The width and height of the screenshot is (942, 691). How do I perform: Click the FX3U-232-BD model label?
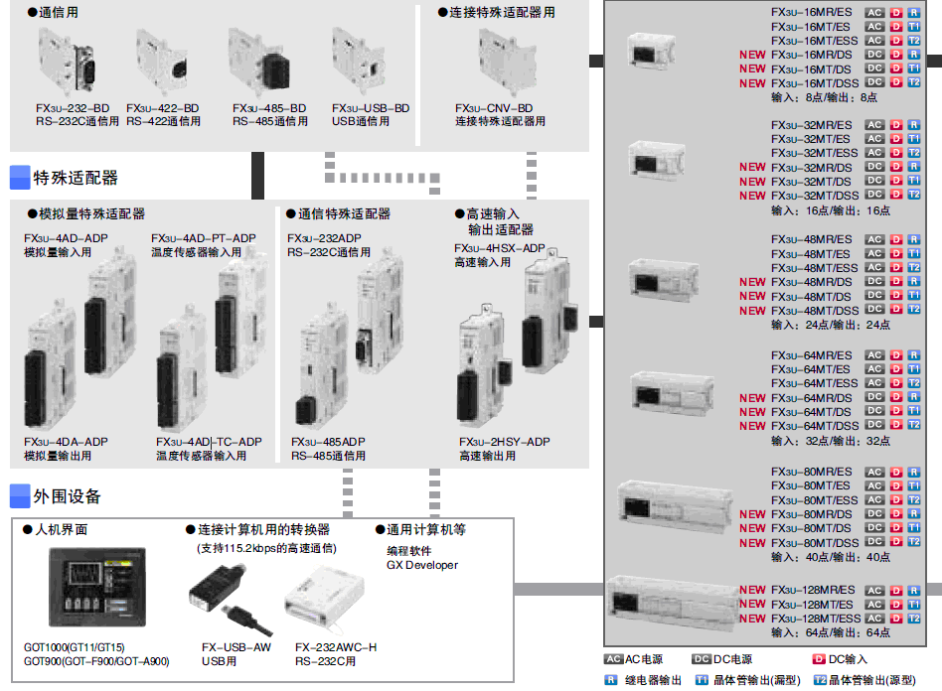click(72, 108)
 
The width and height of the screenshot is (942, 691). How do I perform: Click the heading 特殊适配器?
click(76, 179)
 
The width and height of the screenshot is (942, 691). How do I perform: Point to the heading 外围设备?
click(67, 496)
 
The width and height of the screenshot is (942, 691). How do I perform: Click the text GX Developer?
click(422, 565)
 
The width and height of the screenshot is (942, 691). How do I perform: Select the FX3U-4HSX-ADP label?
click(500, 248)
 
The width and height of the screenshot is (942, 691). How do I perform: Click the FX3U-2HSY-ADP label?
click(504, 442)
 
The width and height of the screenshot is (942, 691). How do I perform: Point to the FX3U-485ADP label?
click(328, 442)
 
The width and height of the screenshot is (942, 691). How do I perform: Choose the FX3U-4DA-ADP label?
click(66, 442)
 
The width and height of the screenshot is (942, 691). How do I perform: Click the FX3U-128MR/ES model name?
click(812, 590)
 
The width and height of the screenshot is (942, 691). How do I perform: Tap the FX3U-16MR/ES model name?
click(811, 12)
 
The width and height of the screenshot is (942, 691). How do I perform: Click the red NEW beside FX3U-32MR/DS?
click(752, 168)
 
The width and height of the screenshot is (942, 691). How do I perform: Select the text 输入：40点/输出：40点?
click(831, 557)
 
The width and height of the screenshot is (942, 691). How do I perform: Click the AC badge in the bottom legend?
click(613, 659)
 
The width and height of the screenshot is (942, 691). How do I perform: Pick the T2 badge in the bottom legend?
click(820, 680)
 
